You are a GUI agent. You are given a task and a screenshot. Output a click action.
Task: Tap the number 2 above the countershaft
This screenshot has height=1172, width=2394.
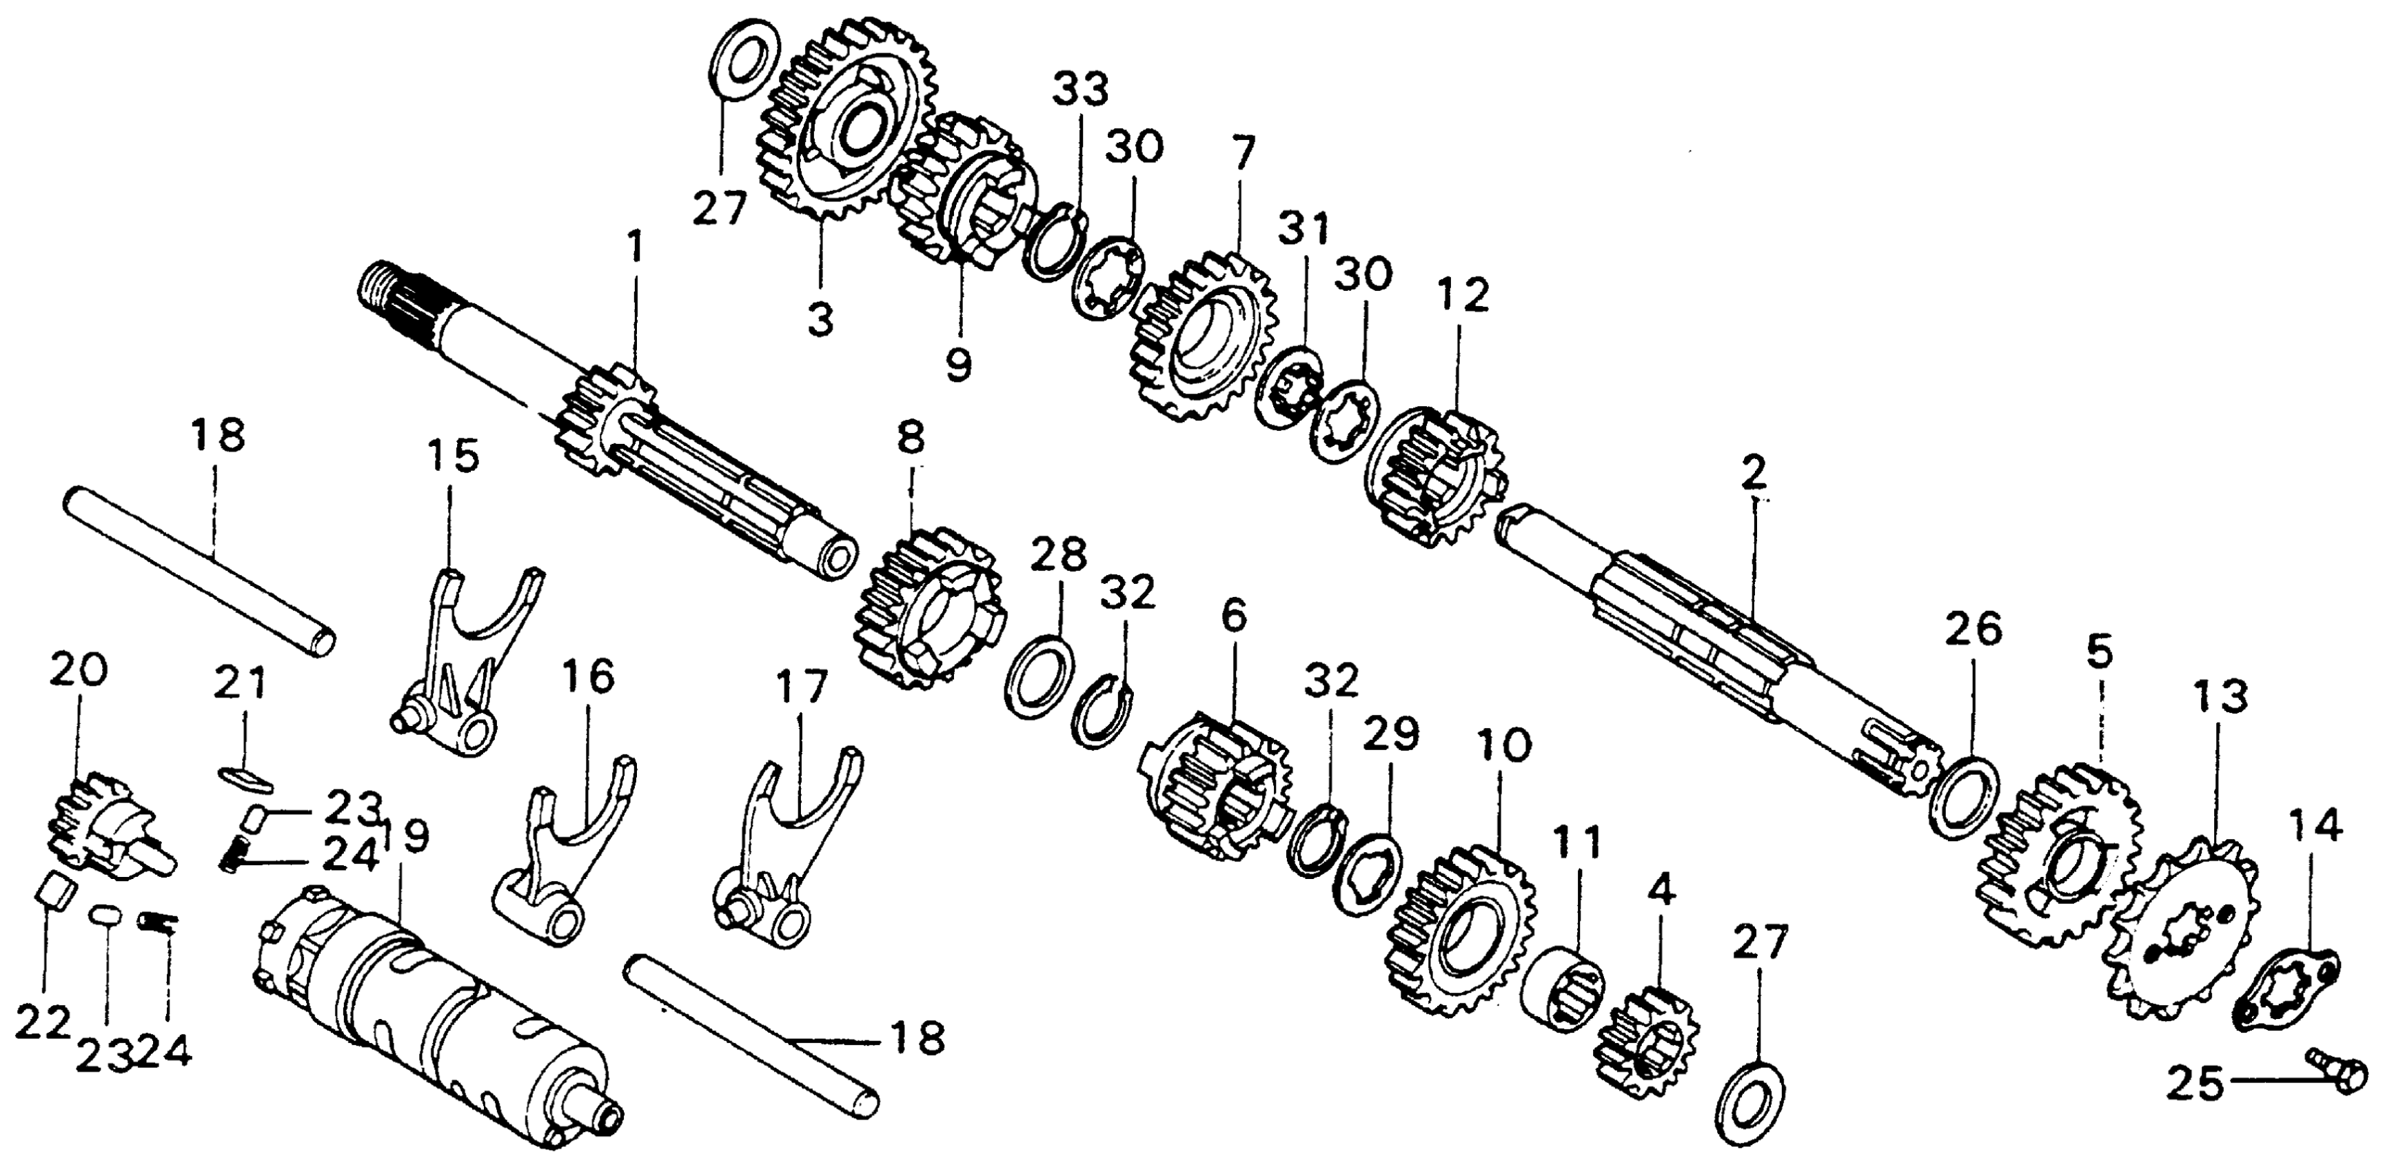[x=1754, y=476]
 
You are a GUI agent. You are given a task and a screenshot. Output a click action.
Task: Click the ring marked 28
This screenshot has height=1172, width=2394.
[x=1039, y=674]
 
